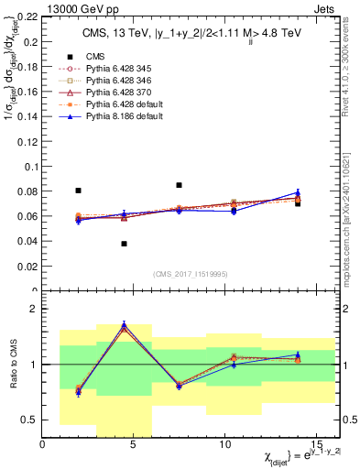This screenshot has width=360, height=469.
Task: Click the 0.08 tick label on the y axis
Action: (x=28, y=191)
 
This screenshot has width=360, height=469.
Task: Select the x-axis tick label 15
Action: (x=315, y=445)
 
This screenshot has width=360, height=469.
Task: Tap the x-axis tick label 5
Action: (x=134, y=445)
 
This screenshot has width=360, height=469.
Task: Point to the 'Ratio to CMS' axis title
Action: (x=11, y=367)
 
